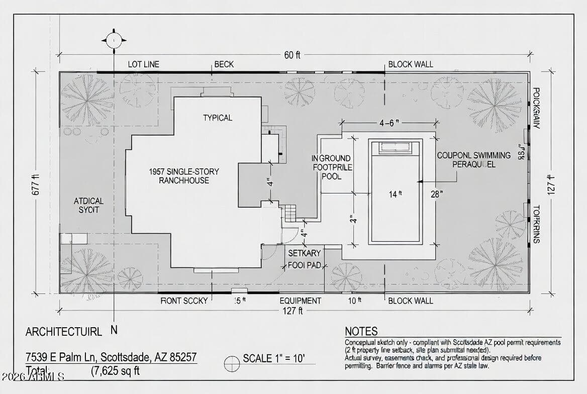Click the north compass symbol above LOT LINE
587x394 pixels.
tap(114, 40)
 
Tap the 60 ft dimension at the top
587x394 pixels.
tap(291, 55)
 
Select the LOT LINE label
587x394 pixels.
tap(143, 64)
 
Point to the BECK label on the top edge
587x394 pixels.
tap(224, 64)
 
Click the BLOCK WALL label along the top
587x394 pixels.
tap(410, 64)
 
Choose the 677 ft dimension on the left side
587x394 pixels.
tap(36, 182)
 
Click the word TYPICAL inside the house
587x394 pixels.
tap(218, 118)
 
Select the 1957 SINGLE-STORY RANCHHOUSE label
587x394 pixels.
tap(184, 176)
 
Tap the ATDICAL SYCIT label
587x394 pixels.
tap(88, 205)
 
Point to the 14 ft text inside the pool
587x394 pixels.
tap(396, 194)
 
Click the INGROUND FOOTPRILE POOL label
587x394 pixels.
tap(332, 167)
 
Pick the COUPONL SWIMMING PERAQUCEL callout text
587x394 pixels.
tap(473, 160)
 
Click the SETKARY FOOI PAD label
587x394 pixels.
tap(305, 259)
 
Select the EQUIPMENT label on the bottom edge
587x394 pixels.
tap(300, 301)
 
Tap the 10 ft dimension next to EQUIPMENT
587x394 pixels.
tap(355, 301)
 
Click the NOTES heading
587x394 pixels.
tap(361, 331)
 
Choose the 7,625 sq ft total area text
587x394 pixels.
tap(115, 371)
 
